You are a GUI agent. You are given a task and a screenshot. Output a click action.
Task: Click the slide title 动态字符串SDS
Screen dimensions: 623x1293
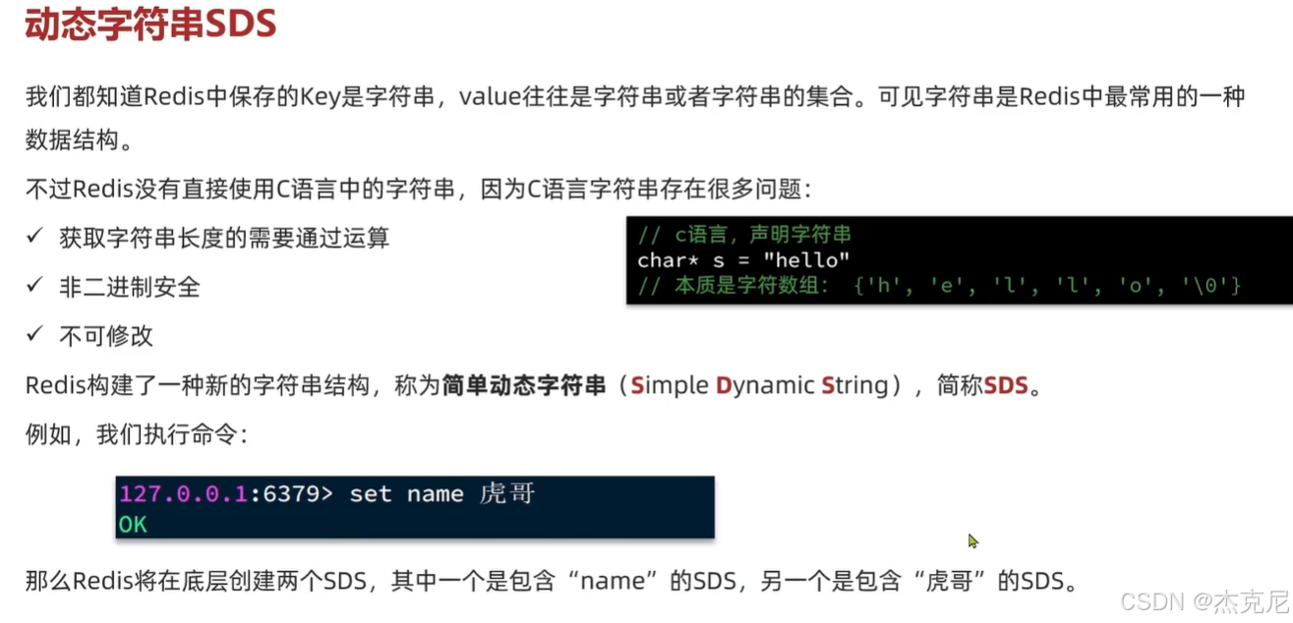point(150,26)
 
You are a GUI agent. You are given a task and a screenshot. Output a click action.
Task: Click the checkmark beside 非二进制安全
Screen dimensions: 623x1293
point(34,285)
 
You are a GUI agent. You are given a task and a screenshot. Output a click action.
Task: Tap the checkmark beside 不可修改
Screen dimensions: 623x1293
point(34,334)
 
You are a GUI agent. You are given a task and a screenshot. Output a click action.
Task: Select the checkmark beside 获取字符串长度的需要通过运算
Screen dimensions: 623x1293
point(34,236)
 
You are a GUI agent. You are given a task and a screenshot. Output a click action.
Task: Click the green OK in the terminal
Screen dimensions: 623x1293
point(133,525)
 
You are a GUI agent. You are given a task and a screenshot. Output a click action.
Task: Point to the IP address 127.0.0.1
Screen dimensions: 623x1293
point(183,493)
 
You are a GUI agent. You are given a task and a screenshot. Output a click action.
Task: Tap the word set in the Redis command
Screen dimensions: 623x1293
point(371,493)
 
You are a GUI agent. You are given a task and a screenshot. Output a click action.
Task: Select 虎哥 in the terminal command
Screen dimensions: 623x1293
point(507,493)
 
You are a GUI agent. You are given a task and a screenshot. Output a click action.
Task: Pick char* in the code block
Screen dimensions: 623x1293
point(664,260)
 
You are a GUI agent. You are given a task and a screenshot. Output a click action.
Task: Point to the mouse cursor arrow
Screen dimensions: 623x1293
point(972,540)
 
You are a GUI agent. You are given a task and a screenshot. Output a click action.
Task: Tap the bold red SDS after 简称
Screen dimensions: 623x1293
point(1006,386)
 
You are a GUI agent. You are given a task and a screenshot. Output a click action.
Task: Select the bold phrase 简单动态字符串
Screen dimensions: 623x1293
point(524,386)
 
